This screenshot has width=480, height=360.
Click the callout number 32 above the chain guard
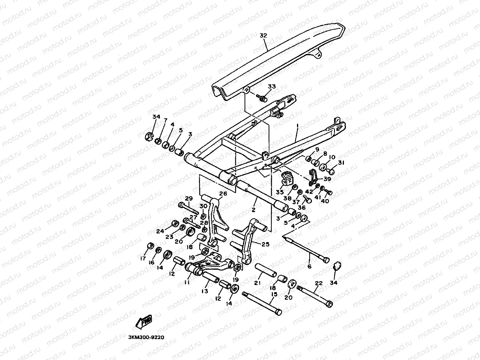[x=263, y=35]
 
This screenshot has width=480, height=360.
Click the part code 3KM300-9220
[x=146, y=338]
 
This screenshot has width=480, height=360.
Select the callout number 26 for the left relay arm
[x=223, y=194]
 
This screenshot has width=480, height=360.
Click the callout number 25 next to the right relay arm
[x=265, y=244]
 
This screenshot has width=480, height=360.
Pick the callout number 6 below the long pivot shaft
[x=309, y=267]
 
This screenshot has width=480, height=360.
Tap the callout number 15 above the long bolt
[x=274, y=294]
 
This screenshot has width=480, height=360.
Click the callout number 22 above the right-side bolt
[x=319, y=283]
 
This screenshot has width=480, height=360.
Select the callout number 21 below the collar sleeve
[x=258, y=283]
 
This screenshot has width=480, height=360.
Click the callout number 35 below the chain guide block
[x=280, y=192]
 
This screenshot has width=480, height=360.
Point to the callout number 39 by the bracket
[x=327, y=179]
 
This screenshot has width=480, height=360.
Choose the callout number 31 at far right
[x=341, y=163]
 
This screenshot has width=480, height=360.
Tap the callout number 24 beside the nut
[x=160, y=231]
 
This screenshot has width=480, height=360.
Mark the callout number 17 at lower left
[x=143, y=259]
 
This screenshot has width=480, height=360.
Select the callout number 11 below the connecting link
[x=187, y=282]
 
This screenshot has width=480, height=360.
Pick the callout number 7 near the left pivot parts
[x=165, y=120]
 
